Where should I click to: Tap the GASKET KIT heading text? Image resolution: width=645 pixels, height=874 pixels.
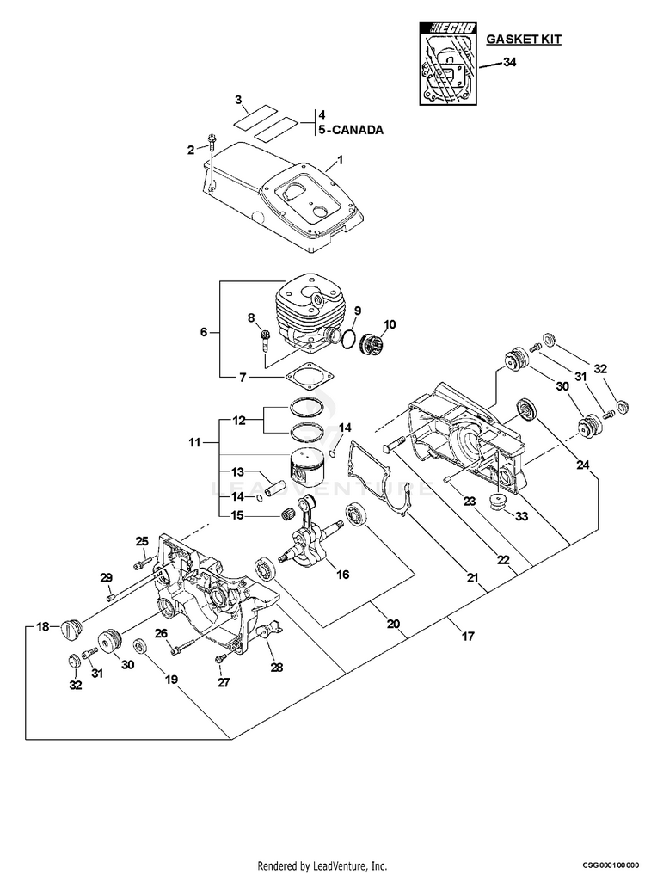click(524, 39)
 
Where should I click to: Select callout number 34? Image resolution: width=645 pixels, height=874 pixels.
click(509, 63)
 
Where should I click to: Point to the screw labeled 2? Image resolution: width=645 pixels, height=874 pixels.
click(212, 142)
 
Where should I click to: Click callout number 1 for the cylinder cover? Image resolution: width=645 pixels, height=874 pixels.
click(340, 160)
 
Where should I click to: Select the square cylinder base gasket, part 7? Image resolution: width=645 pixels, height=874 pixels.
click(304, 377)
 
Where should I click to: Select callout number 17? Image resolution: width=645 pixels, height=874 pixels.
click(468, 636)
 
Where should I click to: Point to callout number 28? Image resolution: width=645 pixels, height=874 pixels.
click(277, 667)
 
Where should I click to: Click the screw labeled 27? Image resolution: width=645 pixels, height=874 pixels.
click(220, 658)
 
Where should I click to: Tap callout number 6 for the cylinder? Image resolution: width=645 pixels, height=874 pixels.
click(204, 332)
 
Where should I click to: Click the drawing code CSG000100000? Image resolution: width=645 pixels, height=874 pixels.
click(611, 865)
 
